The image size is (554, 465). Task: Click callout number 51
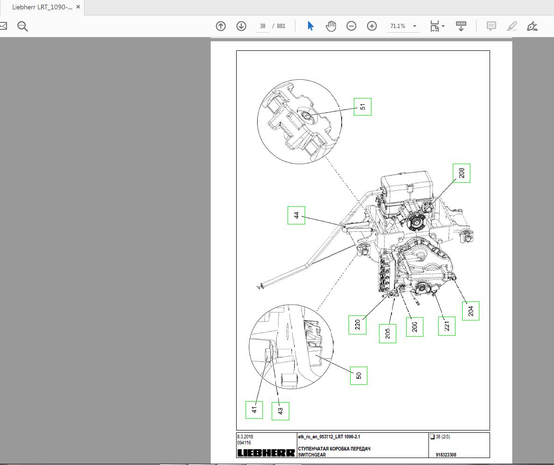362,107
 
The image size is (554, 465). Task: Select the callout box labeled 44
296,215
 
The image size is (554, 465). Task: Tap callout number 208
461,173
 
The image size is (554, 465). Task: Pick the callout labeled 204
470,311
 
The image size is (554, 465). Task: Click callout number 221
446,326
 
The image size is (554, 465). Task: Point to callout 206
414,326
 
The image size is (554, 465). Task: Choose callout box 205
387,333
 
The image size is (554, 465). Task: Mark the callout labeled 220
357,324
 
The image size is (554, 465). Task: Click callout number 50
358,375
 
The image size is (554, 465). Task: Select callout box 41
254,410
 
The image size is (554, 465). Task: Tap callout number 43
280,411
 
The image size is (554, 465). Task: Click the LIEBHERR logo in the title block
266,453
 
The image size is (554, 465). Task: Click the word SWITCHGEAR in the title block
312,455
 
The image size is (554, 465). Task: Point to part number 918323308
446,455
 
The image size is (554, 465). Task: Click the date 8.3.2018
245,437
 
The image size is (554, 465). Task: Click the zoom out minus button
351,26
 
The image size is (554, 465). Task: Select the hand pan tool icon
331,26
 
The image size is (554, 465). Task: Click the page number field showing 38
262,26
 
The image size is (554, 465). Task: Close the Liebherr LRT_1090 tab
78,7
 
